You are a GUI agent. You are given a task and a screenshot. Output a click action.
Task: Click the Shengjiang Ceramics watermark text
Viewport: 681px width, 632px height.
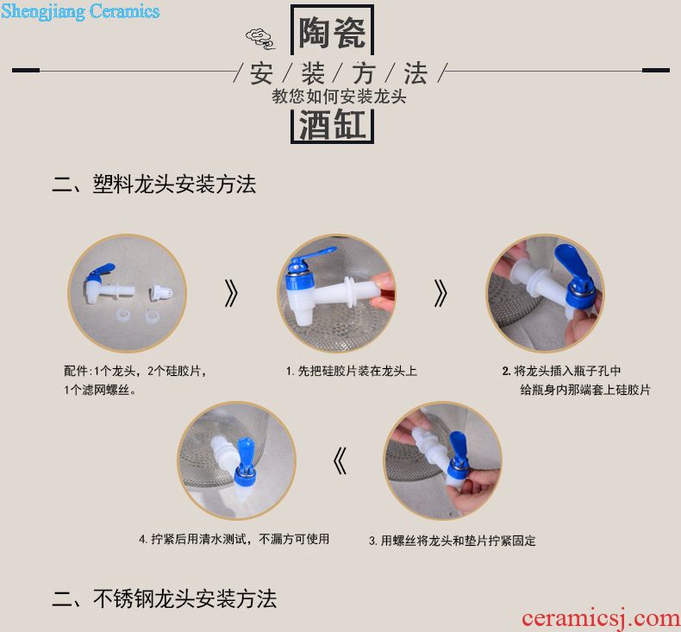coord(80,12)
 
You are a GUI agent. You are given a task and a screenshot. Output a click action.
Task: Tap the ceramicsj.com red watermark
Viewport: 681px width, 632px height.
coord(601,618)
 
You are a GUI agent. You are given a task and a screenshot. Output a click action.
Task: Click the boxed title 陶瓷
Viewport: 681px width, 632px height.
coord(332,33)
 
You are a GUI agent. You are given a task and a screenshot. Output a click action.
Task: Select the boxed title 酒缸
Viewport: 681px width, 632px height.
coord(332,125)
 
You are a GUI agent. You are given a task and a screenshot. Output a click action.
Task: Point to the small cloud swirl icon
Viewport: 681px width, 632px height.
coord(260,39)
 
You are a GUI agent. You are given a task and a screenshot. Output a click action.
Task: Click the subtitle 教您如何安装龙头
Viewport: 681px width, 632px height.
coord(339,96)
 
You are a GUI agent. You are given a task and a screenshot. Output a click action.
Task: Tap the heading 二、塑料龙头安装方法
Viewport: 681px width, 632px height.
coord(154,184)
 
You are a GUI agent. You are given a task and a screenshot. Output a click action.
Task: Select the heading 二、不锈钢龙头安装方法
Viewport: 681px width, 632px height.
coord(164,598)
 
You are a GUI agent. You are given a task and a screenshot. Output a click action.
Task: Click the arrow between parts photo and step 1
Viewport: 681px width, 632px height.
coord(232,293)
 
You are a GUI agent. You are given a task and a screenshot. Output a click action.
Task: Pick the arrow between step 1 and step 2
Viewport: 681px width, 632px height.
coord(440,293)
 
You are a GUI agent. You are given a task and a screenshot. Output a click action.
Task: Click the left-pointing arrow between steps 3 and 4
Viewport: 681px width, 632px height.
coord(340,461)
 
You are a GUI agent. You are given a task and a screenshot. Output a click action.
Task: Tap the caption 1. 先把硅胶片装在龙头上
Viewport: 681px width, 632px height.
coord(352,371)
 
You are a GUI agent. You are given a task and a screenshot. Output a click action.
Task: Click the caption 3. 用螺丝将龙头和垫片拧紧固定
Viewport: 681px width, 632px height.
coord(452,541)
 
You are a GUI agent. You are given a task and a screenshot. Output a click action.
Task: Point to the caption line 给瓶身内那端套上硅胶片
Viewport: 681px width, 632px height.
coord(585,390)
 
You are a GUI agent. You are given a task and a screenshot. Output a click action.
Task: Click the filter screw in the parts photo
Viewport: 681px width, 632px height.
coord(161,291)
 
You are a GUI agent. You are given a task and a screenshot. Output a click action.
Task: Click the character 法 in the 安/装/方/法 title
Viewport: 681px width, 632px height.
coord(415,73)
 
